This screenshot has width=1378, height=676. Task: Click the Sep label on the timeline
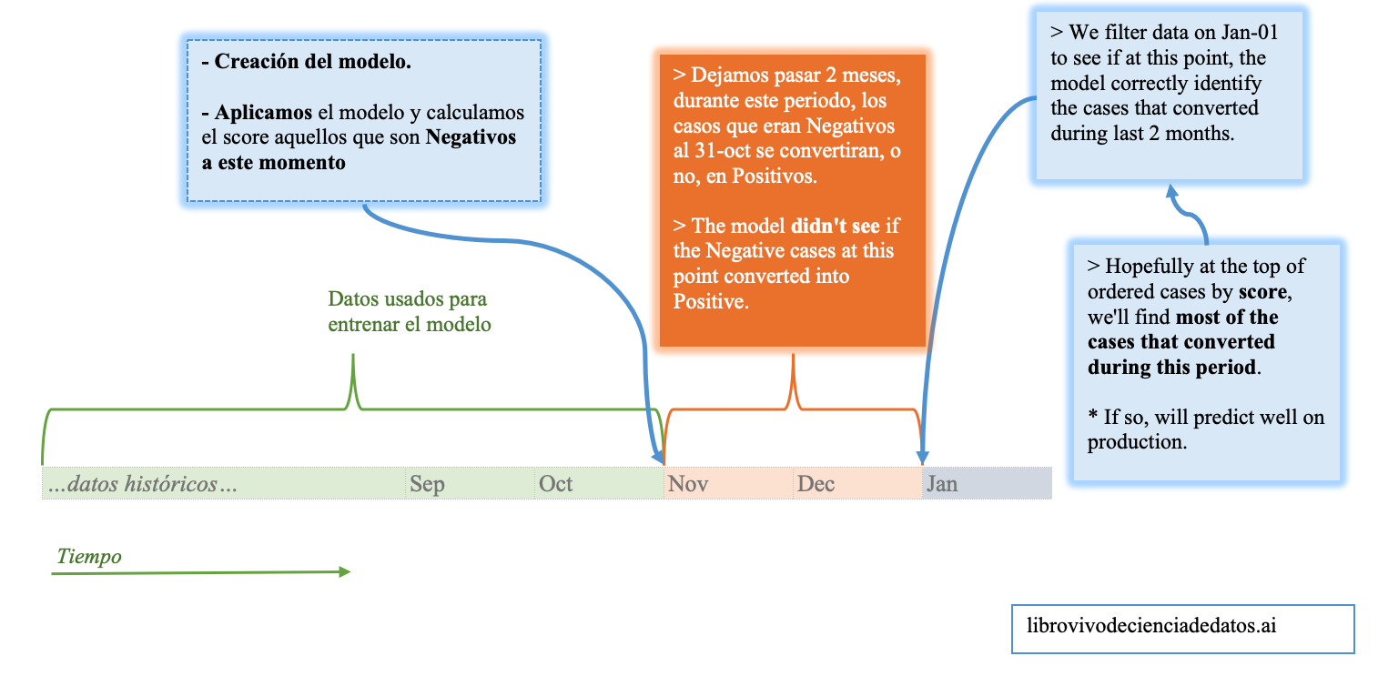point(426,484)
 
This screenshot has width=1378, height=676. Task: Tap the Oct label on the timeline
point(555,483)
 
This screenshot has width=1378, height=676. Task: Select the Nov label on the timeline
point(688,483)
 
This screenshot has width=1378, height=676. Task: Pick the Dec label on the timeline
point(816,483)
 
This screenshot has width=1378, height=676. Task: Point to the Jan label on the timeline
point(942,483)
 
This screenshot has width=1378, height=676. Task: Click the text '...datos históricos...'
point(143,483)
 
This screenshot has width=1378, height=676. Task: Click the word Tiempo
point(89,556)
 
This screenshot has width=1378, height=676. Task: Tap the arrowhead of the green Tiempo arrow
point(344,571)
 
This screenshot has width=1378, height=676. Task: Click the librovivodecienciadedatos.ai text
point(1151,626)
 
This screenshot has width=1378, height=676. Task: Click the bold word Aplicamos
point(263,112)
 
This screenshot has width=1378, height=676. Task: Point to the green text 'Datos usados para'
point(407,299)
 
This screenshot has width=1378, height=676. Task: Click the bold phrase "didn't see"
point(836,226)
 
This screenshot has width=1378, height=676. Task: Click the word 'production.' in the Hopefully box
point(1137,442)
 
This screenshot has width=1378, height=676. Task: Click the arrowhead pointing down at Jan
point(922,458)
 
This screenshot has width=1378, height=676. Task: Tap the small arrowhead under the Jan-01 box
point(1172,191)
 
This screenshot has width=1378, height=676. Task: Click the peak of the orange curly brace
point(793,356)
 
